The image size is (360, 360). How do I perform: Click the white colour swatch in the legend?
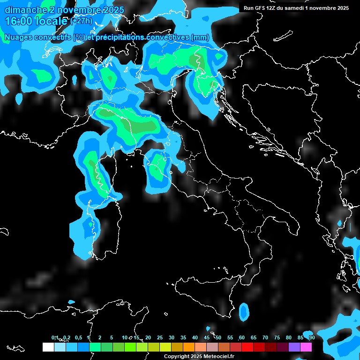tap(48, 347)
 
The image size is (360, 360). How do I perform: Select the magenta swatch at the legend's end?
tap(306, 347)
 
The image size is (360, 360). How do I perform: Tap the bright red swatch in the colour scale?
tap(247, 347)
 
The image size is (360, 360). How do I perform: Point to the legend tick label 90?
tap(312, 337)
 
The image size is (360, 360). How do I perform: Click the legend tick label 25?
tap(160, 337)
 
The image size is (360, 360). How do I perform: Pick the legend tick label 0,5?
tap(78, 337)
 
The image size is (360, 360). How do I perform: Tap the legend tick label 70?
tap(265, 337)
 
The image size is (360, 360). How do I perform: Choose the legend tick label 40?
tap(195, 337)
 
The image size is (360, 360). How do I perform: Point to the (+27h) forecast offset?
tap(81, 21)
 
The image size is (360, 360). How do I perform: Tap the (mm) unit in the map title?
tap(200, 37)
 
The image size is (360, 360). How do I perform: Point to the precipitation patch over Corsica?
tap(96, 173)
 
